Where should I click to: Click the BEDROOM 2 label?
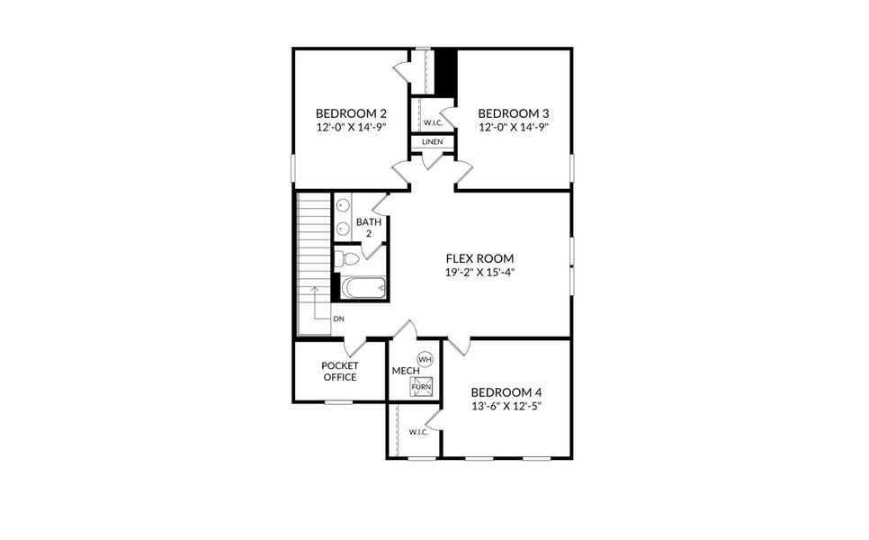(351, 113)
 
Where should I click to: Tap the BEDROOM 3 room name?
(513, 113)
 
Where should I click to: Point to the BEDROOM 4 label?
(506, 392)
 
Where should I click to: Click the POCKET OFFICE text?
(340, 371)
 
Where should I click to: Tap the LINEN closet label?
(432, 142)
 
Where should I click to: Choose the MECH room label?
(402, 370)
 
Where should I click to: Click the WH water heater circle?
(426, 359)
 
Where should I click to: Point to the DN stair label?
(338, 319)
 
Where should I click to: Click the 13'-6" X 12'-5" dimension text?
(506, 406)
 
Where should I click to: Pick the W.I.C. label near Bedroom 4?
(418, 432)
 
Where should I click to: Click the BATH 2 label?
(369, 228)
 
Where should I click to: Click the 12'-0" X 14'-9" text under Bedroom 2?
(351, 128)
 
